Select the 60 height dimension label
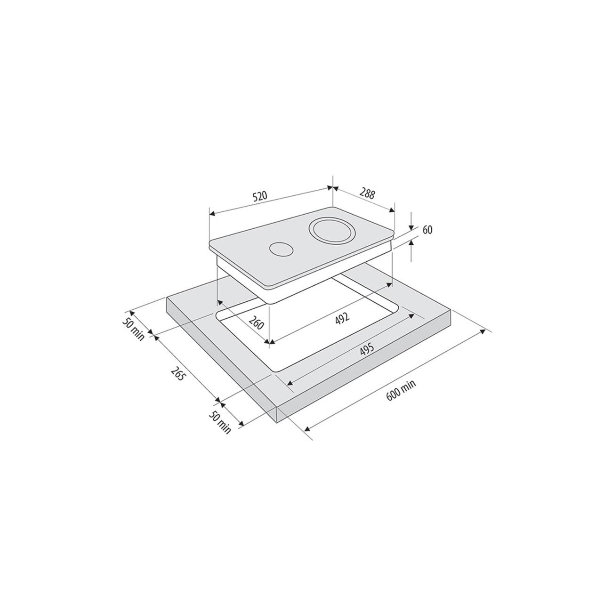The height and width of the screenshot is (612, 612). pos(427,230)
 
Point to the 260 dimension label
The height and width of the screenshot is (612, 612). pos(256,322)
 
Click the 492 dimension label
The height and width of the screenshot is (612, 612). pos(342,318)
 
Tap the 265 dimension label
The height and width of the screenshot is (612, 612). pos(177,374)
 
